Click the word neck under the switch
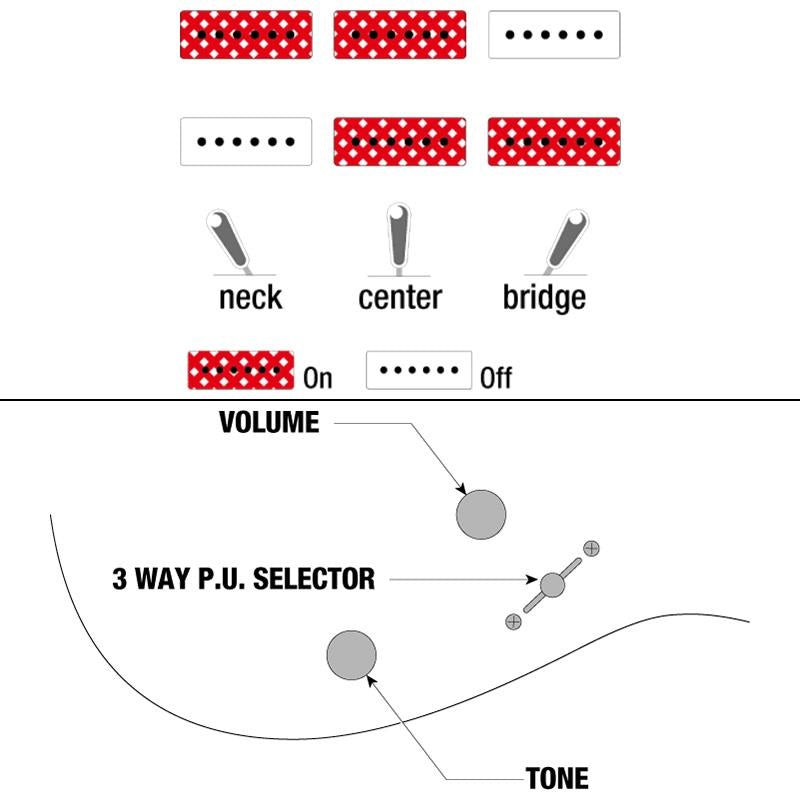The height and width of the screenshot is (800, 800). [250, 297]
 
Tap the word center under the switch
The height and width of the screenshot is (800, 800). [400, 297]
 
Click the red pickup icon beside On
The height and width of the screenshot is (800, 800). [241, 369]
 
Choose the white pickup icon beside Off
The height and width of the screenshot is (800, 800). [419, 369]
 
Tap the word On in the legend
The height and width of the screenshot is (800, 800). [317, 379]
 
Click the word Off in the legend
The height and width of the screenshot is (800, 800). [496, 379]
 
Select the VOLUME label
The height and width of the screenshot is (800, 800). [269, 423]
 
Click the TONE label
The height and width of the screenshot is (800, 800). [557, 778]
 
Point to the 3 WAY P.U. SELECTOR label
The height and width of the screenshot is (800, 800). [243, 578]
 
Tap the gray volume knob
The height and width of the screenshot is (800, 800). [481, 515]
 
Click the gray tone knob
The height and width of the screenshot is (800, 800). [352, 655]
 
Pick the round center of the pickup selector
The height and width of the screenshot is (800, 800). [553, 585]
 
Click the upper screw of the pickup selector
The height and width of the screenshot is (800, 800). [592, 547]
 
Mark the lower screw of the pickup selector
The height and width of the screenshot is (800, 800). [514, 622]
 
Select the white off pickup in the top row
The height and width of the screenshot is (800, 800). [554, 35]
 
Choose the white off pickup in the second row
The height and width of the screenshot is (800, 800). [246, 142]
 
